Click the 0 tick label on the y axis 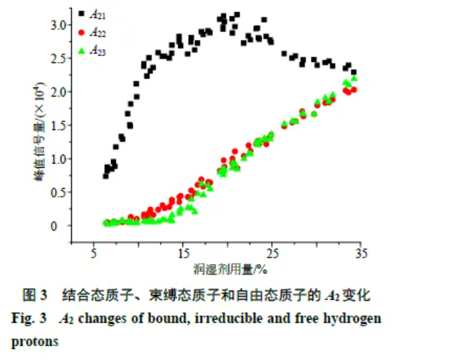(x=62, y=226)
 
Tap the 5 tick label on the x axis (x=94, y=252)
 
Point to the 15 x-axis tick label (x=182, y=252)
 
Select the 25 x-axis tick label (x=272, y=252)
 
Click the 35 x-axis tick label (x=361, y=252)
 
